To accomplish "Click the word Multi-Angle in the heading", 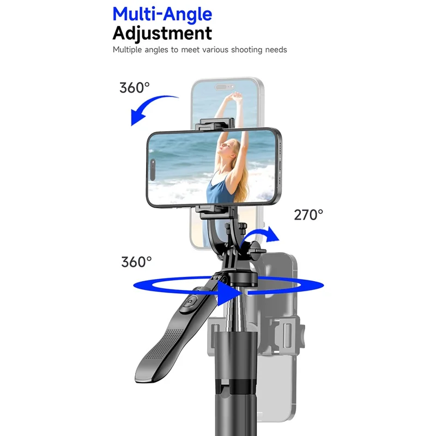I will point(162,14).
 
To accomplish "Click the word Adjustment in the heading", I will point(162,33).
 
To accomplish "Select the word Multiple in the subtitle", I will point(129,50).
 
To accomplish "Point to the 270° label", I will point(308,215).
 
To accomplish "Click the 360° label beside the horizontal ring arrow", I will point(136,262).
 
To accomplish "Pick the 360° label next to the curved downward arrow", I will point(135,87).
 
